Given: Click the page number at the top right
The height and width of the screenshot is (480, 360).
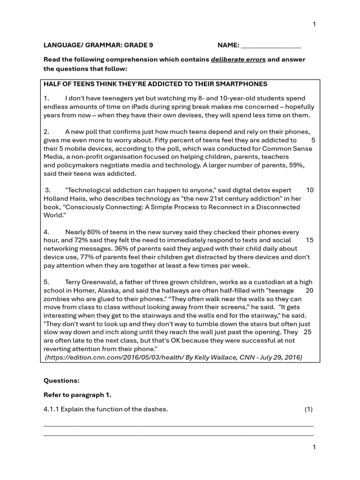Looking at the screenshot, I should click(x=314, y=24).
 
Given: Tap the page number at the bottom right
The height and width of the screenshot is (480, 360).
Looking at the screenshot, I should click(x=314, y=447).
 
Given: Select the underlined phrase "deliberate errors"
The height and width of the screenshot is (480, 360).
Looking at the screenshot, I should click(x=238, y=60).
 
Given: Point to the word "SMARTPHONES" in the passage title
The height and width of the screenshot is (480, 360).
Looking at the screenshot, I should click(x=242, y=84).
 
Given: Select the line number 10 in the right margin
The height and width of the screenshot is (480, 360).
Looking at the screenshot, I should click(x=309, y=190).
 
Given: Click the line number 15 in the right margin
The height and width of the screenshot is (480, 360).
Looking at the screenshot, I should click(x=309, y=240).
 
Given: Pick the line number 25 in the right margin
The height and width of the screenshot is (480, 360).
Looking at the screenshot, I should click(x=307, y=332).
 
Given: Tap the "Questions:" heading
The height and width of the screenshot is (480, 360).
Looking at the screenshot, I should click(x=61, y=381).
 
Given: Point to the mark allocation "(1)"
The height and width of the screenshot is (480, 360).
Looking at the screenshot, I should click(x=308, y=409).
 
